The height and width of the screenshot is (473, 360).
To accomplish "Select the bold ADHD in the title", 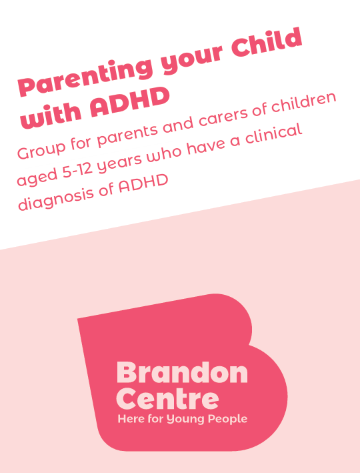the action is (129, 101).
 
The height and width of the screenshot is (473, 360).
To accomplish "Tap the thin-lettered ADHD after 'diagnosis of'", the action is (143, 183).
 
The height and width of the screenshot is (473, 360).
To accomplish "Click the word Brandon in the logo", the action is (183, 372).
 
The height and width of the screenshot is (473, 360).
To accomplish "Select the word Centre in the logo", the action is (167, 399).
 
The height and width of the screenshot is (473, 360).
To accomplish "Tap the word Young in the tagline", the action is (185, 420).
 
